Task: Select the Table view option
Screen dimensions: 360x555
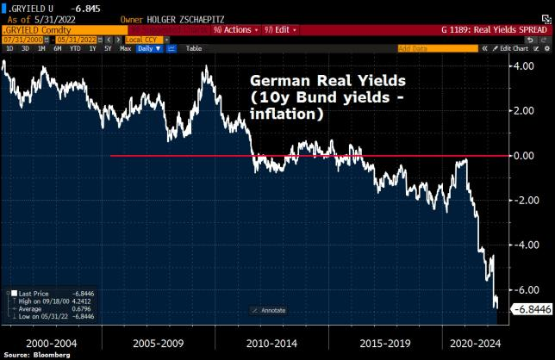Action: [x=193, y=48]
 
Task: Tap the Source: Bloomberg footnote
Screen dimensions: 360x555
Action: [x=34, y=354]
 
